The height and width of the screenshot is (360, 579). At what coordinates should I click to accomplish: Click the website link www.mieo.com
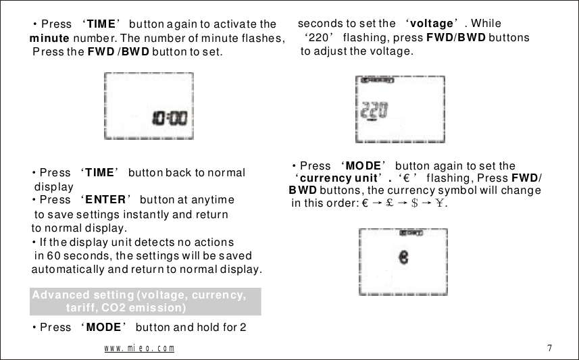point(139,349)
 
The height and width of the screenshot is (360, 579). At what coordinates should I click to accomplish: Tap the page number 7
point(549,349)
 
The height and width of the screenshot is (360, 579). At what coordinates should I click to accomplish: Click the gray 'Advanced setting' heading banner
point(146,301)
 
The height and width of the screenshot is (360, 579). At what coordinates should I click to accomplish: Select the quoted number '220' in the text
point(318,38)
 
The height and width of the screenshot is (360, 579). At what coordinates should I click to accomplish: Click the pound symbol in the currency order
point(390,203)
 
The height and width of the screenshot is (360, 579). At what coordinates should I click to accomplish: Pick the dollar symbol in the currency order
point(415,203)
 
